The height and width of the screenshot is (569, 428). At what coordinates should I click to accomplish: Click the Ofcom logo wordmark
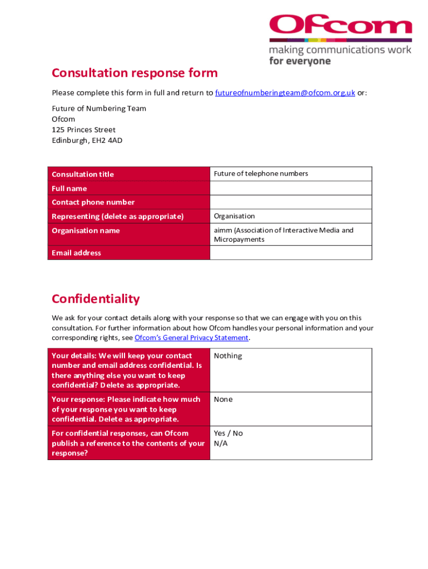click(x=340, y=25)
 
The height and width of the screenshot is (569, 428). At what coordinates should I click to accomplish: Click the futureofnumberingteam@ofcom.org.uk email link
click(x=285, y=93)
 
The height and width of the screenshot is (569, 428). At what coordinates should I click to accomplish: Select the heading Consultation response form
click(x=135, y=73)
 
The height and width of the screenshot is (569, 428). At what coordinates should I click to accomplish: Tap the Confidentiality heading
click(x=96, y=299)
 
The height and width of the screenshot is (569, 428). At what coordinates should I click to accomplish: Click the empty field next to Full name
click(x=290, y=188)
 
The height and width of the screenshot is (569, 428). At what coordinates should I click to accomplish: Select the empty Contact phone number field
click(x=290, y=202)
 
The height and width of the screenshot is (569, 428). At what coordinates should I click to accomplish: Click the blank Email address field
click(x=290, y=253)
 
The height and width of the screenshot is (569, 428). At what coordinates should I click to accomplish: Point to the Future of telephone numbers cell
click(x=261, y=174)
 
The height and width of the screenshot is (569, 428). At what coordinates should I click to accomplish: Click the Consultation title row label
click(x=83, y=174)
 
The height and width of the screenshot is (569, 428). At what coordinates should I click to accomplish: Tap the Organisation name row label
click(x=86, y=231)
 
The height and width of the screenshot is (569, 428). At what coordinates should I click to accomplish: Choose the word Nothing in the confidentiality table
click(x=228, y=356)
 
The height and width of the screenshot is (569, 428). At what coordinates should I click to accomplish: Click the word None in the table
click(x=223, y=400)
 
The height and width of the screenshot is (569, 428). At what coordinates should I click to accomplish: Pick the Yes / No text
click(x=228, y=433)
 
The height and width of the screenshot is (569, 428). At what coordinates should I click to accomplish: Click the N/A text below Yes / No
click(x=221, y=443)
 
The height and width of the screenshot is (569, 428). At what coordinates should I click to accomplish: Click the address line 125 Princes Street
click(x=83, y=130)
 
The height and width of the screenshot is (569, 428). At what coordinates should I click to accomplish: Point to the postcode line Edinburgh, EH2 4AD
click(x=87, y=141)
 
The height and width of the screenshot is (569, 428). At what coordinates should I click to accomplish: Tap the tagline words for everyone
click(x=300, y=61)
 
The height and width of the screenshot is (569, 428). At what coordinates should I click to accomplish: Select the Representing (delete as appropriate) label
click(x=117, y=216)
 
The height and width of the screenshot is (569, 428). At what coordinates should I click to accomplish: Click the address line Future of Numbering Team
click(x=99, y=109)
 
